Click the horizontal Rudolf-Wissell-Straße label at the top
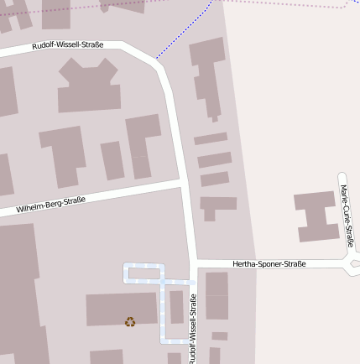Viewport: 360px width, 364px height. coord(68,45)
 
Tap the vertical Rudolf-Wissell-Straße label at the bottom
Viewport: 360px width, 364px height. coord(192,329)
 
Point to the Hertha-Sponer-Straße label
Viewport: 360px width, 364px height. coord(269,264)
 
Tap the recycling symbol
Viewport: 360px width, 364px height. coord(129,320)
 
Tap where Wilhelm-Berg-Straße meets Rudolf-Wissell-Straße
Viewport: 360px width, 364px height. coord(183,182)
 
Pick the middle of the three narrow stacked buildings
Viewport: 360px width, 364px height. coord(214,159)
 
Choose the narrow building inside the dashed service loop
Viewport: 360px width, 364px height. coord(176,307)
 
